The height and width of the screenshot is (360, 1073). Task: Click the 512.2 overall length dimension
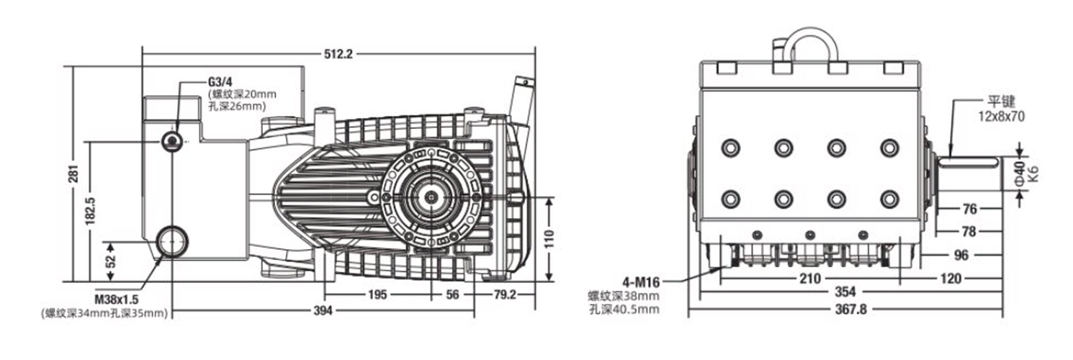click(x=338, y=54)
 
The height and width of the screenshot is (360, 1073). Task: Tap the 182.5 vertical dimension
click(x=90, y=211)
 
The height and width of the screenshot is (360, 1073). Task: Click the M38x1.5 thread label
click(x=117, y=300)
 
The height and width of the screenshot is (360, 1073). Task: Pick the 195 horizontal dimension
click(x=377, y=294)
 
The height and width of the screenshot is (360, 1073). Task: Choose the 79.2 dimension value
click(x=505, y=294)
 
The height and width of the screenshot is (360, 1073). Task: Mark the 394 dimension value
click(x=323, y=311)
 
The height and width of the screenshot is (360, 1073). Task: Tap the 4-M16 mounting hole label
click(x=641, y=282)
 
